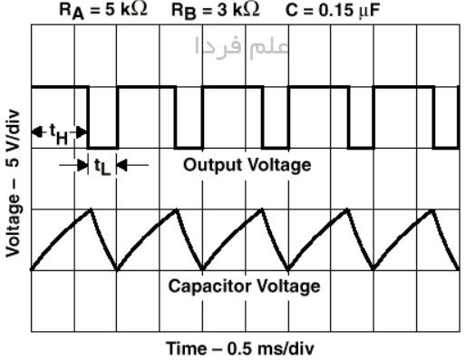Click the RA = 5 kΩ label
tap(103, 11)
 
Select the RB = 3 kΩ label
tap(216, 11)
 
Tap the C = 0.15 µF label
tap(333, 11)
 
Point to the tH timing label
tap(59, 134)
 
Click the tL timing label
tap(102, 167)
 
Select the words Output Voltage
tap(247, 165)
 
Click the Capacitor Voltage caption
tap(244, 286)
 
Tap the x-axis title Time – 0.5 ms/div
tap(240, 348)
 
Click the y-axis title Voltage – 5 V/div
tap(13, 184)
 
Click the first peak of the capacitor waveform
tap(91, 209)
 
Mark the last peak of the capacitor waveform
tap(433, 209)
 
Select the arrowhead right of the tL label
tap(121, 165)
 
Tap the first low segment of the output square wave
tap(102, 148)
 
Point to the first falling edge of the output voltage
tap(88, 117)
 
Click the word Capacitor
tap(209, 286)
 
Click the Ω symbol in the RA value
tap(140, 10)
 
